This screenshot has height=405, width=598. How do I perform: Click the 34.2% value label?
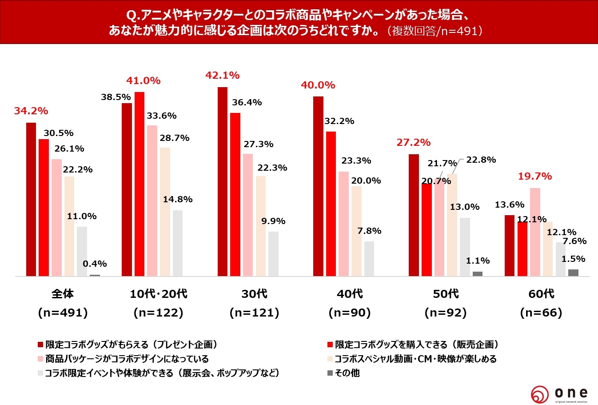(31, 111)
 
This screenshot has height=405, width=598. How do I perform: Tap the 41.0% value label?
(143, 80)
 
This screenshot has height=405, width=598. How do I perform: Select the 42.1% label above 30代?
(222, 75)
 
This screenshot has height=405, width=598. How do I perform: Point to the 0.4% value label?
(95, 264)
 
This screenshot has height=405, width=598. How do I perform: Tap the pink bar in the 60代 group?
(535, 232)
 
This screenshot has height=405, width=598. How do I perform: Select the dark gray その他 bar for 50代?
(478, 274)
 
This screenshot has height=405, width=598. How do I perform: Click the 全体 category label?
(63, 294)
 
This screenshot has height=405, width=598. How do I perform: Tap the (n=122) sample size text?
(159, 313)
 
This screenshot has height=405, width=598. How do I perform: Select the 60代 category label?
(541, 294)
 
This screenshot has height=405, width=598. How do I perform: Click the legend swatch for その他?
(330, 373)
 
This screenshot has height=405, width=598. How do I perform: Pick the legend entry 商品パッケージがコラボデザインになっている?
(127, 359)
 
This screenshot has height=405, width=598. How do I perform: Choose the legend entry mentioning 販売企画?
(416, 345)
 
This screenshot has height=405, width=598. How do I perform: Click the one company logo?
(559, 394)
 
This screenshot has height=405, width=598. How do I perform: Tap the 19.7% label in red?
(535, 176)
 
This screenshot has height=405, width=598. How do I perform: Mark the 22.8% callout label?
(481, 160)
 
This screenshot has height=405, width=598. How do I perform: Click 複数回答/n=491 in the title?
(435, 31)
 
